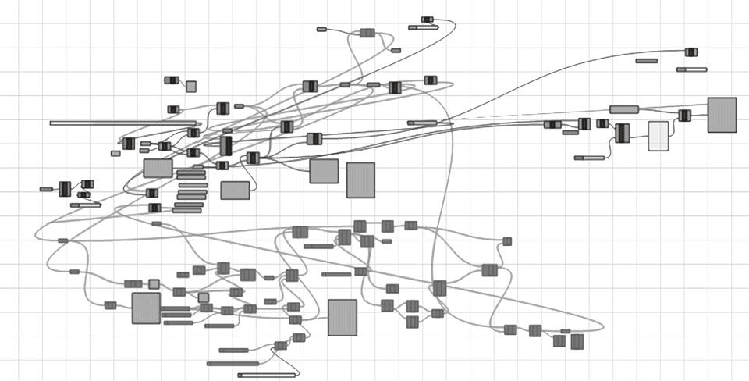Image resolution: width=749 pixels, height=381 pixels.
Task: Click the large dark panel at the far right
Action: [722, 115]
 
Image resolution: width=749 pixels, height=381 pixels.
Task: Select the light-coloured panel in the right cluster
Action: [658, 136]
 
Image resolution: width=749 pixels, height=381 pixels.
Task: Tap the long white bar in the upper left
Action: [123, 123]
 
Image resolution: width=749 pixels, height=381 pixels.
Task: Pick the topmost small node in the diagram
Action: [427, 19]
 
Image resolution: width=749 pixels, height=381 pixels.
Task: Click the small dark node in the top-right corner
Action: [691, 52]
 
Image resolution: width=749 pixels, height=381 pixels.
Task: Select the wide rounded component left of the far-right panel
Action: [624, 109]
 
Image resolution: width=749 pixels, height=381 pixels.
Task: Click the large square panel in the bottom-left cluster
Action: [146, 308]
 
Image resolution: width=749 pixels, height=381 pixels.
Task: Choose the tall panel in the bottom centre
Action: [342, 317]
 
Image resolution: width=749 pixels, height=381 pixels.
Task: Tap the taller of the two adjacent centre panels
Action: [360, 180]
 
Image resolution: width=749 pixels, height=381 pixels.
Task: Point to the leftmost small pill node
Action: [46, 189]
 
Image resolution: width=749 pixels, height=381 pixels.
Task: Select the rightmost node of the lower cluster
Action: [577, 341]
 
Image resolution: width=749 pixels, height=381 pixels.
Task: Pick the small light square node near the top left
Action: [191, 87]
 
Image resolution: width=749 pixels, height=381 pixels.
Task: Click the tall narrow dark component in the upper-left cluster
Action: [226, 146]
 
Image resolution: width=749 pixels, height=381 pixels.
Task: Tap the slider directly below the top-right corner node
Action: [691, 69]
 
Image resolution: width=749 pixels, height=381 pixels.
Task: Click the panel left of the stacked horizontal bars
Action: [158, 168]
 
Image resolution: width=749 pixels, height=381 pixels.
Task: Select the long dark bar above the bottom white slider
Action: [233, 364]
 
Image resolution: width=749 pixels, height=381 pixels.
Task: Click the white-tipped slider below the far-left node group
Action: [86, 205]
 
